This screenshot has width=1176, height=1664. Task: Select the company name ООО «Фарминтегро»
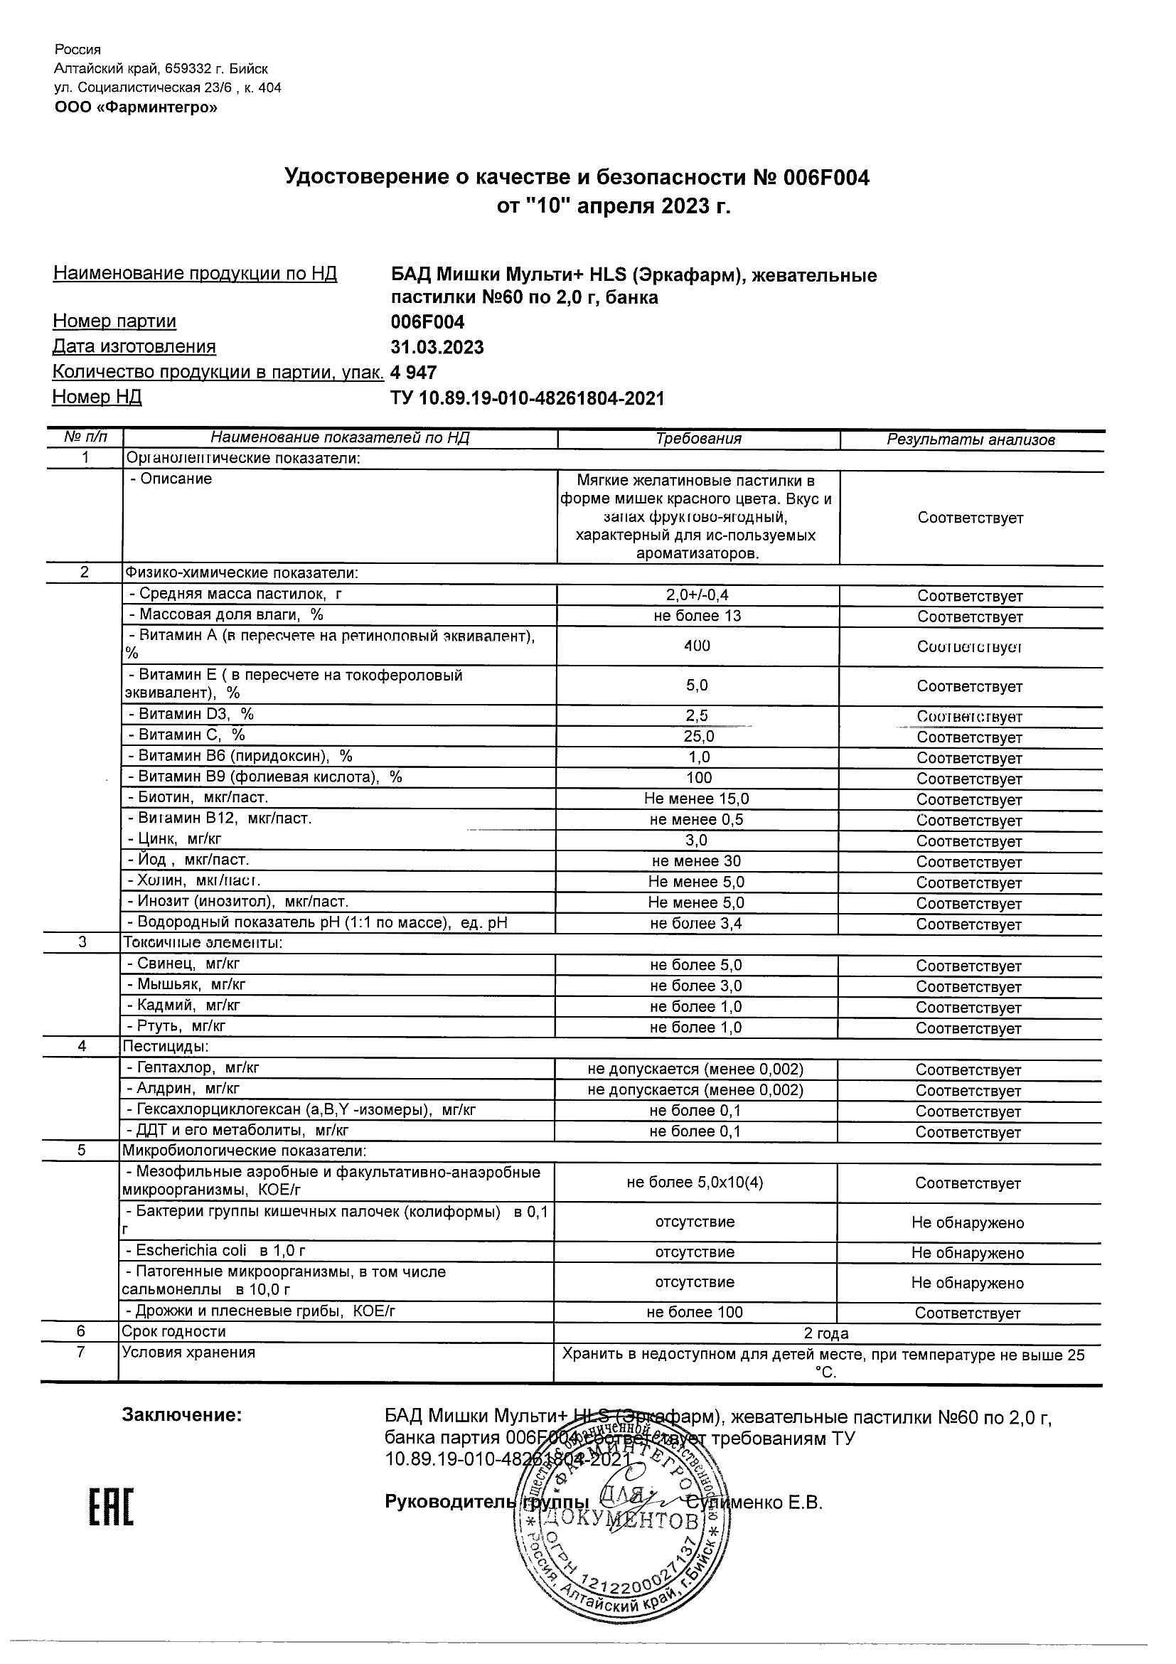click(x=136, y=108)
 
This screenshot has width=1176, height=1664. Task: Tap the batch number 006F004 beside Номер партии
click(x=427, y=322)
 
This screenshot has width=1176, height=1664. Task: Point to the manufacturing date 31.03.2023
click(x=437, y=347)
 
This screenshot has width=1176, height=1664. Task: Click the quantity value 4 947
click(x=414, y=373)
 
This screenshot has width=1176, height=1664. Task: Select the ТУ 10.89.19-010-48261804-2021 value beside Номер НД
click(x=527, y=398)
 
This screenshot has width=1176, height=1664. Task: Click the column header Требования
click(x=698, y=439)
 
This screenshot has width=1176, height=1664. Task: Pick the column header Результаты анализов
click(x=971, y=439)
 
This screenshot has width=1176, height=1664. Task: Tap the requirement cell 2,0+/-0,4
click(x=697, y=595)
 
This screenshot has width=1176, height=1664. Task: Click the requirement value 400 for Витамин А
click(x=697, y=645)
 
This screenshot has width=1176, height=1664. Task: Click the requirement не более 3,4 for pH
click(x=695, y=923)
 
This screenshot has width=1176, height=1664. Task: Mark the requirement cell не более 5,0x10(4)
click(x=695, y=1183)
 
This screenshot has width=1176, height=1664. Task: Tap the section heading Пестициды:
click(x=166, y=1047)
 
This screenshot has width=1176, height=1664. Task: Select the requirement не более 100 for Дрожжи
click(x=695, y=1312)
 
